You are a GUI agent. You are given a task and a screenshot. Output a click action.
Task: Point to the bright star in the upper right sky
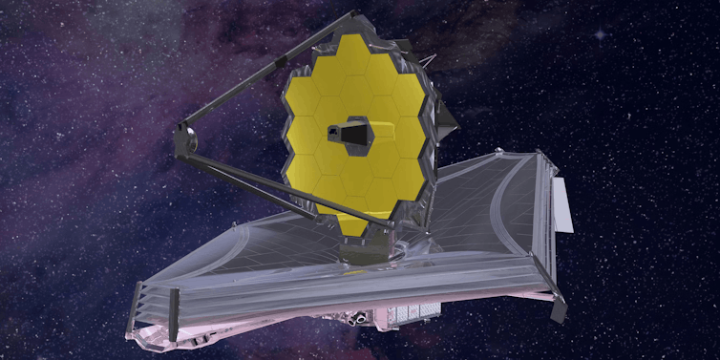(x=600, y=34)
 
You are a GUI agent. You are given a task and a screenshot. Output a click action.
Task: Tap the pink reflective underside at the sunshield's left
(x=162, y=334)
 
